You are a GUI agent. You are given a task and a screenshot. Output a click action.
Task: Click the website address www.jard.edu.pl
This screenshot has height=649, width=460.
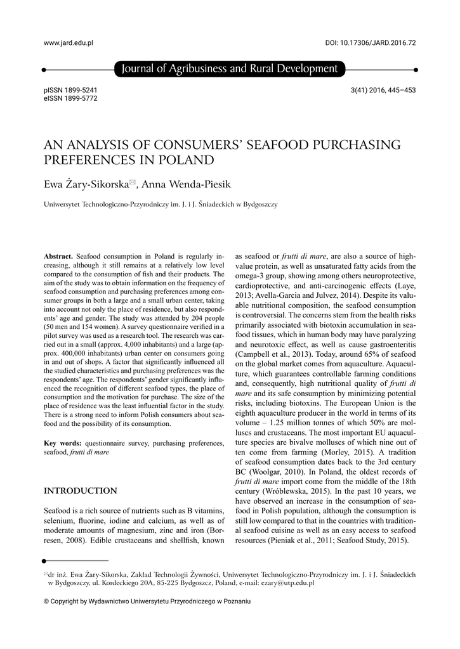(x=68, y=43)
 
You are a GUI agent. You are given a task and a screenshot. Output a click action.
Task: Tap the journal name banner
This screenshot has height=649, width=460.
(x=229, y=68)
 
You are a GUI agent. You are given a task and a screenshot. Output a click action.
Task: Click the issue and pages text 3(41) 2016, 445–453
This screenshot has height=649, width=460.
(x=383, y=90)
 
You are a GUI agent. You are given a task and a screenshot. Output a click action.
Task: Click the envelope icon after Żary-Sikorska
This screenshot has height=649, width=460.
(x=133, y=183)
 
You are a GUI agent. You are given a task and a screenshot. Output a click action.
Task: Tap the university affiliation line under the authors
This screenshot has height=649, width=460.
(x=160, y=205)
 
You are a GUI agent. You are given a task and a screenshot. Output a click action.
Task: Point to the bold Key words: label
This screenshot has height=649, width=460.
(x=62, y=443)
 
